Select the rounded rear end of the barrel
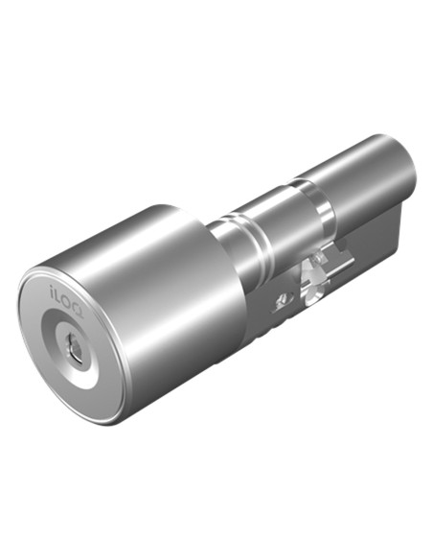click(407, 177)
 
